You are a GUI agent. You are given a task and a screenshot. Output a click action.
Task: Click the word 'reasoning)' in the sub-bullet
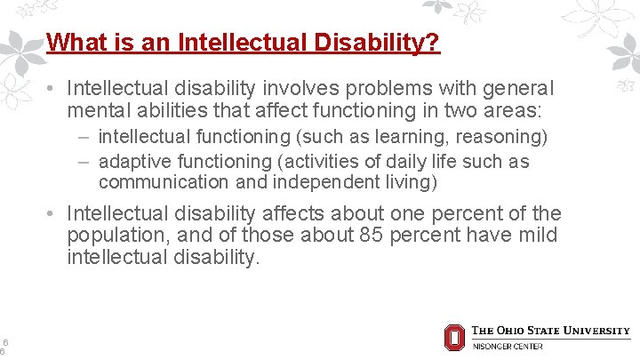point(504,137)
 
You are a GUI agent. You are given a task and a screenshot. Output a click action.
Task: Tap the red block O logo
point(454,338)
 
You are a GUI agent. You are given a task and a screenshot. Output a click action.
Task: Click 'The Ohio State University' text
point(550,331)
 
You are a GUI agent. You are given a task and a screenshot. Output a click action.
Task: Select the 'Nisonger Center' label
point(507,346)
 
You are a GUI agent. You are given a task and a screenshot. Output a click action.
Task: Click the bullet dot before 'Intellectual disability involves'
point(53,89)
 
